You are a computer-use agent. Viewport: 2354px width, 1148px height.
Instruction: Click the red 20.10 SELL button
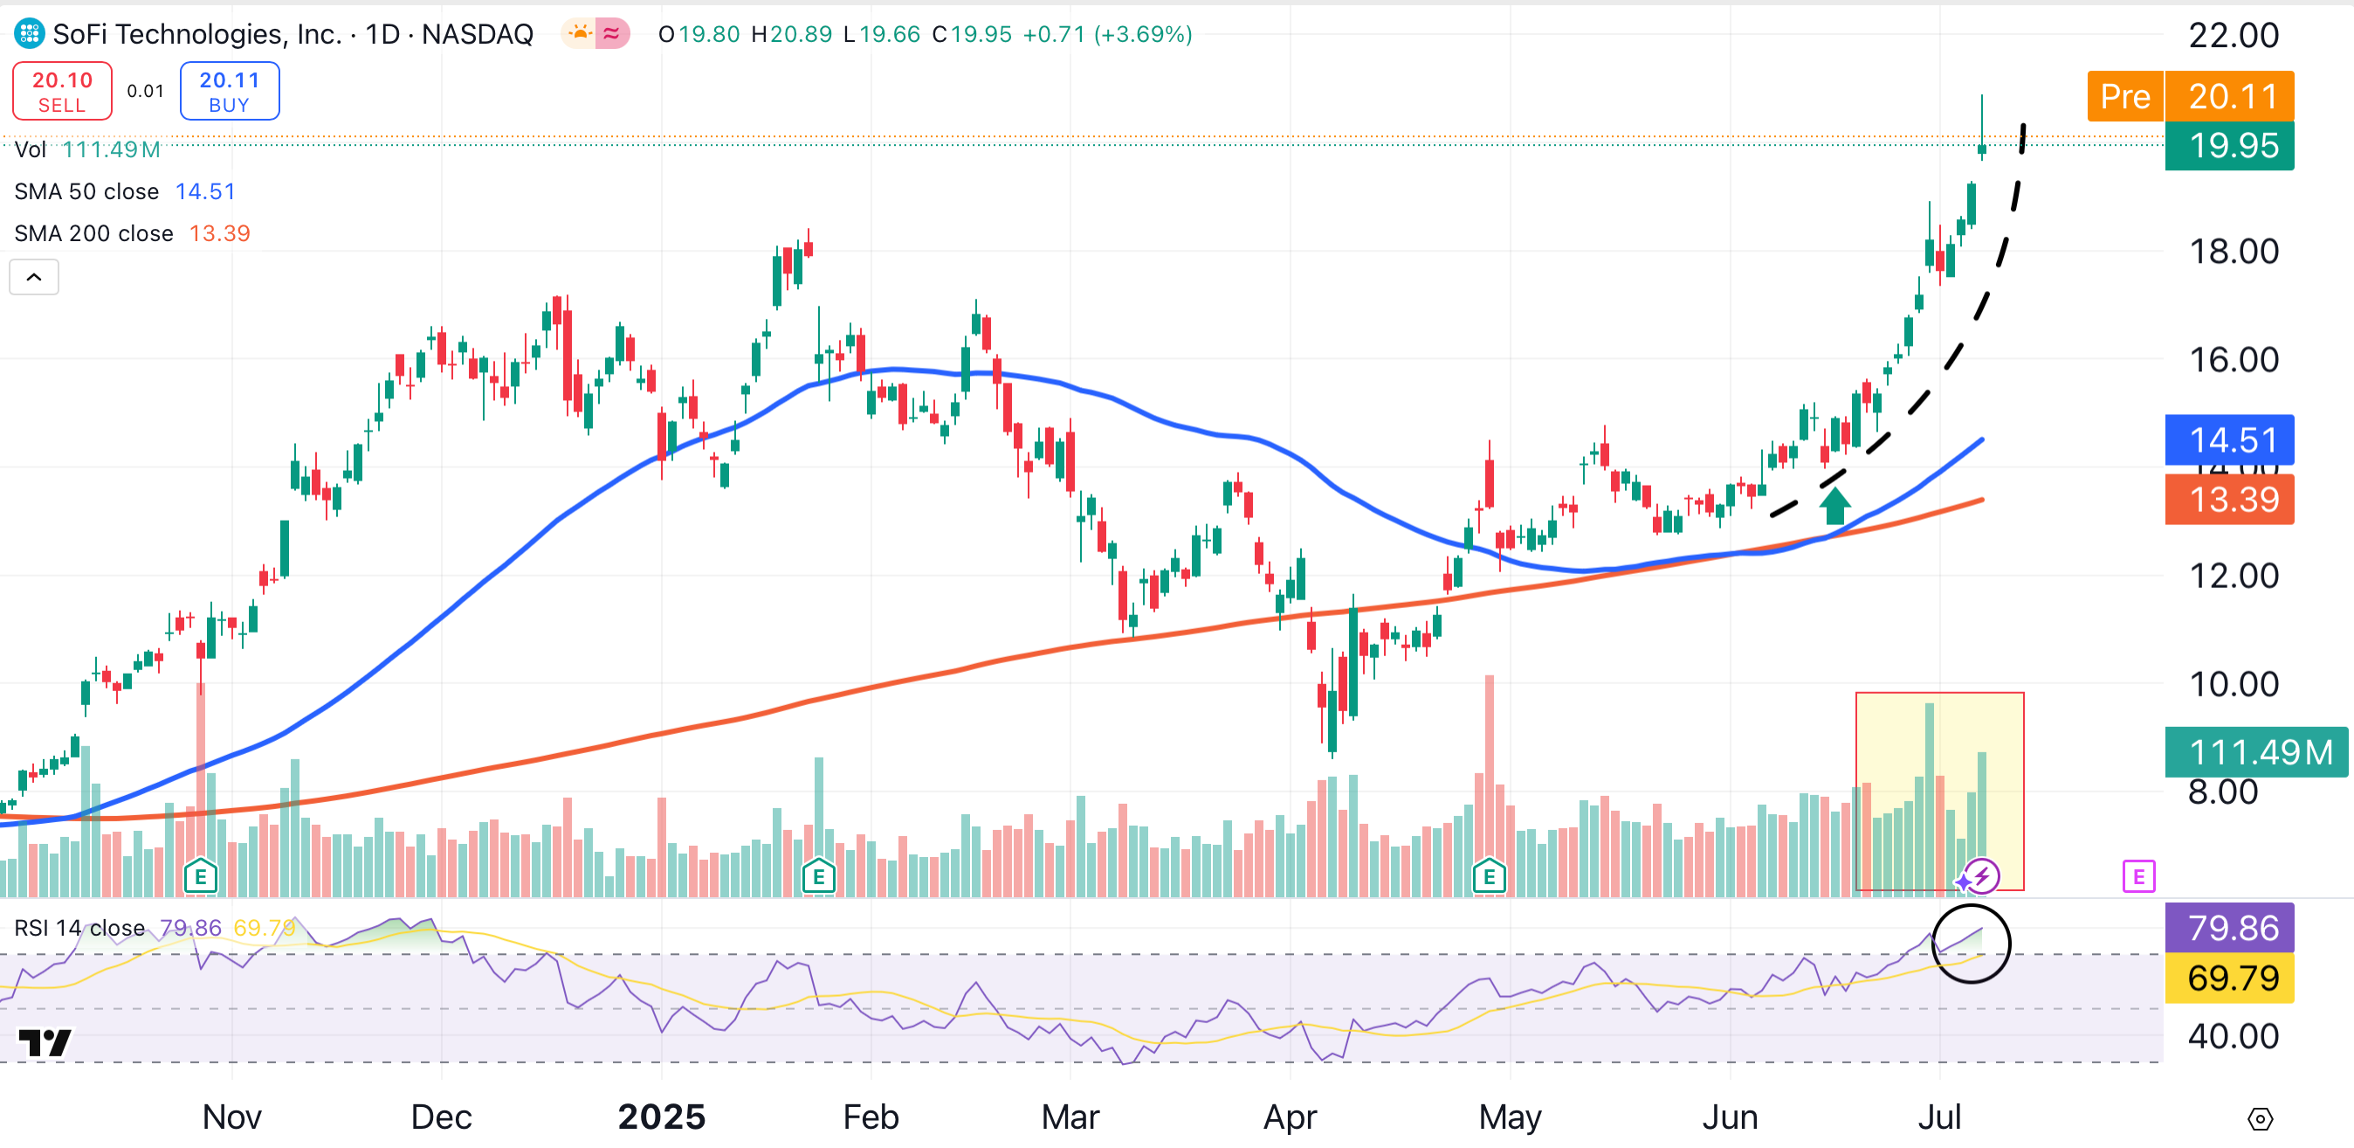pyautogui.click(x=62, y=91)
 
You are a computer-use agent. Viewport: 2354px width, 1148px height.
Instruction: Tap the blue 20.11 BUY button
pyautogui.click(x=230, y=91)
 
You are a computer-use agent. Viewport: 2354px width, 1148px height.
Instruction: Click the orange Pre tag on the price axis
pyautogui.click(x=2124, y=96)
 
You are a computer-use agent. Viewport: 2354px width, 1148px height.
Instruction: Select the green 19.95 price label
pyautogui.click(x=2229, y=145)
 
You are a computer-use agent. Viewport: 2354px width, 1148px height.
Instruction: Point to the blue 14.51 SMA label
pyautogui.click(x=2229, y=439)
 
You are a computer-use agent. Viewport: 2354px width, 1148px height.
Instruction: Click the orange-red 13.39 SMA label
pyautogui.click(x=2229, y=499)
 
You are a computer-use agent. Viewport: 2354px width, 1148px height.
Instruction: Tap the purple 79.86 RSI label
pyautogui.click(x=2229, y=928)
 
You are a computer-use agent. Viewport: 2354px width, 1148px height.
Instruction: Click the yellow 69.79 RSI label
pyautogui.click(x=2229, y=978)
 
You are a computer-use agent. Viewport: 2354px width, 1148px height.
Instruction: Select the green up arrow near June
pyautogui.click(x=1834, y=506)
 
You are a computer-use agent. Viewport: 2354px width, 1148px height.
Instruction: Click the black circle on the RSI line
pyautogui.click(x=1970, y=944)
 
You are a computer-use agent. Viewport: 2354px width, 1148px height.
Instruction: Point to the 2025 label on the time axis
pyautogui.click(x=662, y=1116)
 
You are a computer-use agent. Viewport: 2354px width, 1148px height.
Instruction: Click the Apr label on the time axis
pyautogui.click(x=1290, y=1116)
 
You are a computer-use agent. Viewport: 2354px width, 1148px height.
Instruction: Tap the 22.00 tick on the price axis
pyautogui.click(x=2234, y=35)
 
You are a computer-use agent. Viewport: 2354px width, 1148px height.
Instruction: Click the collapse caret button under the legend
pyautogui.click(x=34, y=277)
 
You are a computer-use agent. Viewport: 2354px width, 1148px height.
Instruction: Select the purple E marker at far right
pyautogui.click(x=2138, y=876)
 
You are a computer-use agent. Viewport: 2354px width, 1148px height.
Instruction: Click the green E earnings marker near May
pyautogui.click(x=1489, y=876)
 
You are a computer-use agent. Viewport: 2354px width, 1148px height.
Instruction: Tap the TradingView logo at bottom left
pyautogui.click(x=44, y=1042)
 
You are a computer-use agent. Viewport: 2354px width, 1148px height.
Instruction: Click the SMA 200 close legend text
pyautogui.click(x=93, y=233)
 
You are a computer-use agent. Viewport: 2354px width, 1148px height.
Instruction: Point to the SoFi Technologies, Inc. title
pyautogui.click(x=196, y=34)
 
